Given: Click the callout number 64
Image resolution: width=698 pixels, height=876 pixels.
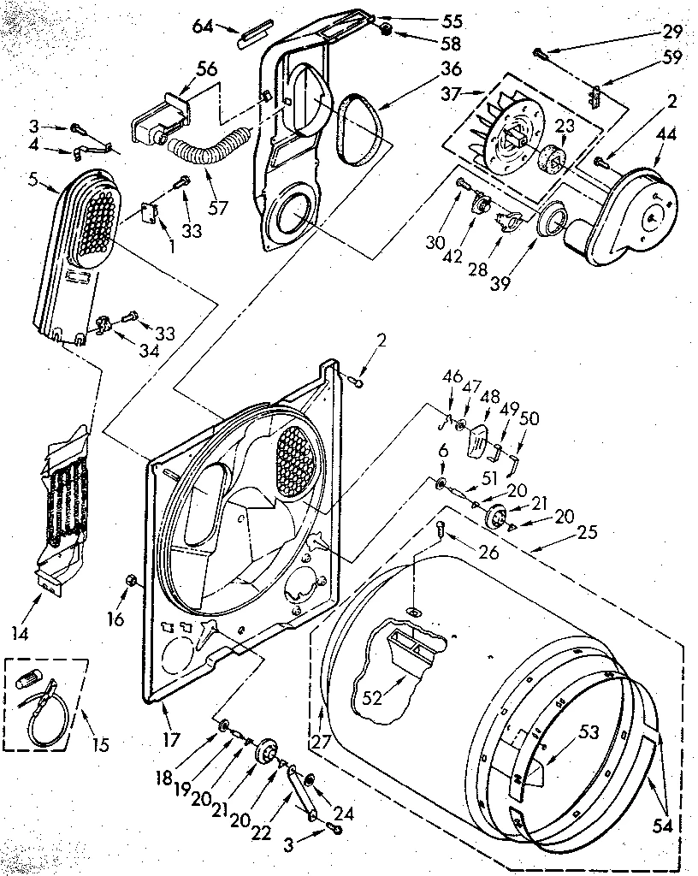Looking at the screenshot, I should click(204, 26).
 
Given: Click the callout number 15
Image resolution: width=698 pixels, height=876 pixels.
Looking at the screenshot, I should click(100, 743).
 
